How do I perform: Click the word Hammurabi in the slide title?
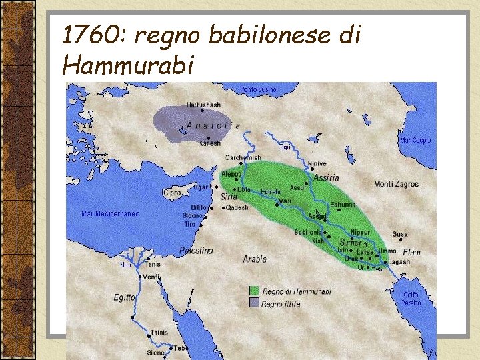[x=127, y=65]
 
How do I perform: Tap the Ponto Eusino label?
[x=258, y=89]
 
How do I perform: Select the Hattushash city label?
[x=203, y=105]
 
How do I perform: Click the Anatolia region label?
[x=213, y=125]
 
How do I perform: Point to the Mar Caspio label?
[x=415, y=141]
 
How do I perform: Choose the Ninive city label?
[x=317, y=163]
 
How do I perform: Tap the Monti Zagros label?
[x=396, y=184]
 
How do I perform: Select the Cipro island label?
[x=171, y=193]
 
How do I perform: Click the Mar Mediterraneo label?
[x=110, y=214]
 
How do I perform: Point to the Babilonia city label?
[x=309, y=232]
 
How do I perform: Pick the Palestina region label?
[x=196, y=251]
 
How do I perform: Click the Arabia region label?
[x=255, y=259]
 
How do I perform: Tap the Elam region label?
[x=412, y=252]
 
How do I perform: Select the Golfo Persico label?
[x=411, y=298]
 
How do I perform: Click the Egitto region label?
[x=124, y=298]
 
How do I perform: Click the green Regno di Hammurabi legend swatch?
[x=254, y=291]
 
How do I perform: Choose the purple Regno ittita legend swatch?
[x=254, y=303]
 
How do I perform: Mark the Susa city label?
[x=400, y=235]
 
